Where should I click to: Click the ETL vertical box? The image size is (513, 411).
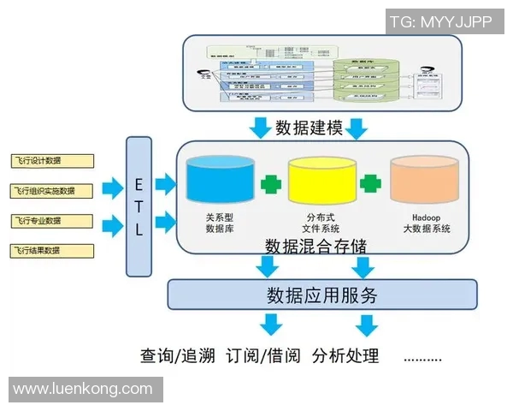(139, 205)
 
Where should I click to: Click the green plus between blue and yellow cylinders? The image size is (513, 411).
(271, 183)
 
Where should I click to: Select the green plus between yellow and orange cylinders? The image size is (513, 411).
(370, 183)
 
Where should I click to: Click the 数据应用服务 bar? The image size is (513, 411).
(321, 295)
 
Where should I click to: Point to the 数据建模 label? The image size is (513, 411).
(309, 128)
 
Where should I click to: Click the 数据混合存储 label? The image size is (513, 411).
(315, 246)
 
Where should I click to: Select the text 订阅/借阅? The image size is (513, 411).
(264, 355)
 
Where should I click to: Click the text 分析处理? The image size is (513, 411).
(345, 355)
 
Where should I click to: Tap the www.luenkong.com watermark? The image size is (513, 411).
(83, 389)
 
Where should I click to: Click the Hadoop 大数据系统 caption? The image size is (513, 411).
(425, 224)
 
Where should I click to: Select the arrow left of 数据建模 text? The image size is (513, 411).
(259, 129)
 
